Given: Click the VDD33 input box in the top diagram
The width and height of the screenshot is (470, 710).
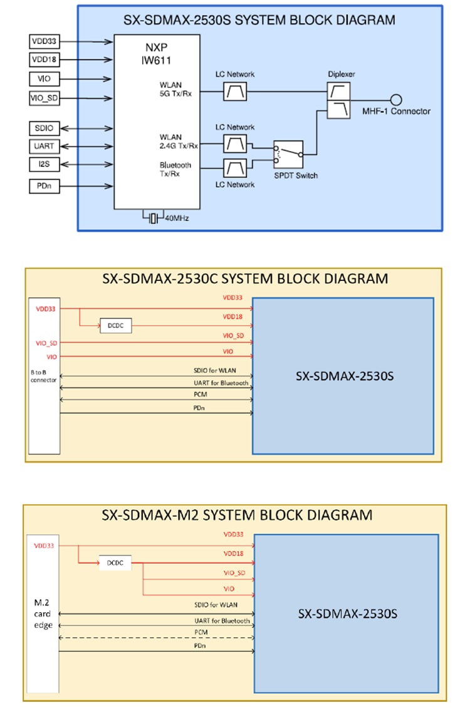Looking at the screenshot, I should pos(44,42).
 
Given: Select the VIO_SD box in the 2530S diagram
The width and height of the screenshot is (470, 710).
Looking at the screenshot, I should pos(44,98).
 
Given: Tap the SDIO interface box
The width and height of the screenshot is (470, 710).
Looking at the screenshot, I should pos(44,129).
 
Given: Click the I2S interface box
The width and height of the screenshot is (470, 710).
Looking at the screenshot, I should pos(44,164).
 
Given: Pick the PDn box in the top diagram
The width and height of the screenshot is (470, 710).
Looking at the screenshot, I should pos(44,186).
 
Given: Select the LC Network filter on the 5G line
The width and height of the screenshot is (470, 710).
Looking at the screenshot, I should pos(235,92).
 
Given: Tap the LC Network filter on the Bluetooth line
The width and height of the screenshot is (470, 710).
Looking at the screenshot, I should pos(235,168).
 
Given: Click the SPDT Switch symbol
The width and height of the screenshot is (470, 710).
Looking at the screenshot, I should pos(288,152).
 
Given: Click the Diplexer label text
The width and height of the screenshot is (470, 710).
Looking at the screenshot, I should pos(341,74).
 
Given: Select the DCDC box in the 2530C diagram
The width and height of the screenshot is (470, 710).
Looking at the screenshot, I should pos(115,326).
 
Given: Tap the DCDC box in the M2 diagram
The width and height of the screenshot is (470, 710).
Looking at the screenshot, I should pos(115,563).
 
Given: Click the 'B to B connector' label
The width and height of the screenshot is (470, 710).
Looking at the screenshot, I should pos(44,376).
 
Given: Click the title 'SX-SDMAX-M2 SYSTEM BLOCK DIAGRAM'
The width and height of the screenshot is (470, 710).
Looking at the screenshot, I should pos(236,515).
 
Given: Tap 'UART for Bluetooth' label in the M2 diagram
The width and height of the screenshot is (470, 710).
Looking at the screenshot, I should pos(222,620).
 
